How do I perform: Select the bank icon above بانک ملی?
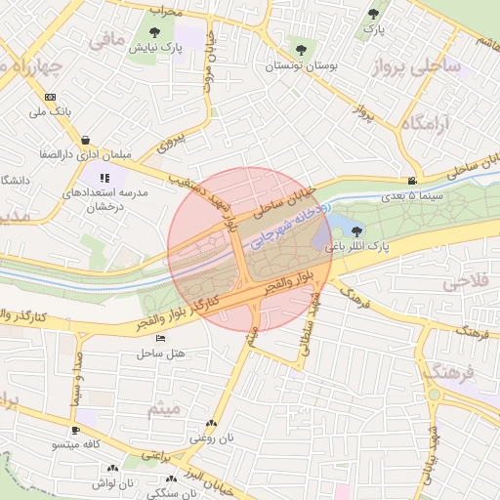[50, 97]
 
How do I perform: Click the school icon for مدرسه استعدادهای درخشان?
[104, 178]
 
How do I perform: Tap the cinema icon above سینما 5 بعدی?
[413, 181]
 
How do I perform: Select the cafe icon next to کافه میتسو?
[75, 430]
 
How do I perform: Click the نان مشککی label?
[170, 493]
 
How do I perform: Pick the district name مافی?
[107, 40]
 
